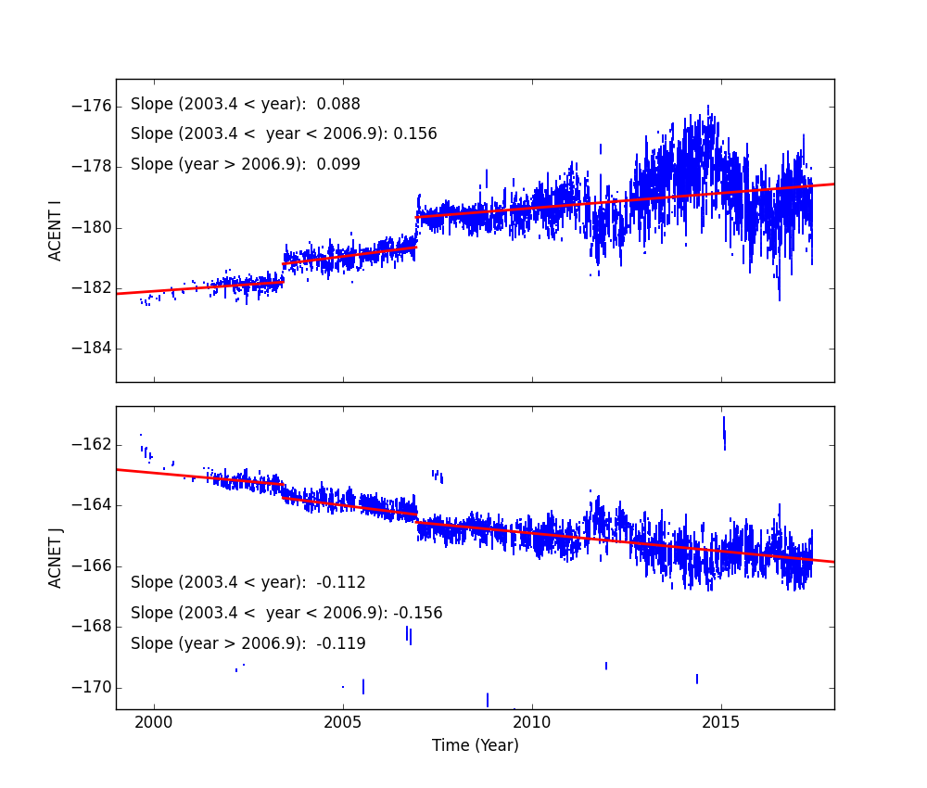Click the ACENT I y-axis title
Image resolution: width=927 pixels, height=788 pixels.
pos(56,230)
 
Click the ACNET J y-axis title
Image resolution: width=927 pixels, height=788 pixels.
pos(56,557)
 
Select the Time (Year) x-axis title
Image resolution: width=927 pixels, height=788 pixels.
pos(475,745)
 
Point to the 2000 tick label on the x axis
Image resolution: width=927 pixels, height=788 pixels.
pos(154,722)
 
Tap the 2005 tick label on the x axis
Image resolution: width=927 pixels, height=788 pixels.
pos(343,722)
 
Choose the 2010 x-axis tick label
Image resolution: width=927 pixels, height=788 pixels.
pos(532,722)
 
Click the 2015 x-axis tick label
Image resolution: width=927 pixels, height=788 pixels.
pos(722,722)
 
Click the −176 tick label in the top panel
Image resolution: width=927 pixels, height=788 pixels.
pos(92,107)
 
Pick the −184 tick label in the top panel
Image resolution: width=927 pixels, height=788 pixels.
pos(92,349)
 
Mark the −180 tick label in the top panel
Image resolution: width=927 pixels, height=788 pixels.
pos(92,228)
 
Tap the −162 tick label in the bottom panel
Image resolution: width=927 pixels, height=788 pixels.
pos(92,444)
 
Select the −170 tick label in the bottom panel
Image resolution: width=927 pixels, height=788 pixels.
pos(92,687)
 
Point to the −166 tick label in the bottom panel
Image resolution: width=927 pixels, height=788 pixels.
pos(92,566)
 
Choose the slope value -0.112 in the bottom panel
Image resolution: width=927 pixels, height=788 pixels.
pos(341,583)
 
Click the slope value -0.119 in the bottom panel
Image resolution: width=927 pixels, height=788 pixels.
pos(341,643)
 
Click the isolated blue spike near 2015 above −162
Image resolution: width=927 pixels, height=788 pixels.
pos(724,432)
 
